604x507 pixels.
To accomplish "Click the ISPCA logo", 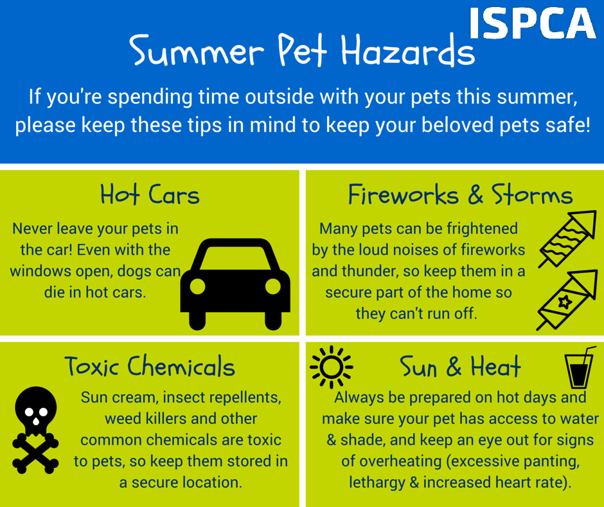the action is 533,23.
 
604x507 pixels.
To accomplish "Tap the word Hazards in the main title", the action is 408,50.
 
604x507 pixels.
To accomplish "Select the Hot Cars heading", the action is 150,194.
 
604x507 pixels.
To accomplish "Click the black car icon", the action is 235,284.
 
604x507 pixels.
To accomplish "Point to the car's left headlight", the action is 198,286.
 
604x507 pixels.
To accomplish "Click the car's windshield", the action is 235,258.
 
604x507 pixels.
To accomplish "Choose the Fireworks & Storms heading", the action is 460,194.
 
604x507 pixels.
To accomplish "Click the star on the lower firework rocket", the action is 565,302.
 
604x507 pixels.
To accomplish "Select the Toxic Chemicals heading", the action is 150,366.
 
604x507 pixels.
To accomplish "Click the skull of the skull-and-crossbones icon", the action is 36,410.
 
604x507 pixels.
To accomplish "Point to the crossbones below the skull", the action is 35,453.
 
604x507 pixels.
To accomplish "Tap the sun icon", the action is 332,367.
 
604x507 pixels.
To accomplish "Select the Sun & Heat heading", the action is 460,366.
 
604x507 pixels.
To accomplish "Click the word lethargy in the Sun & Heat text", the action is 377,483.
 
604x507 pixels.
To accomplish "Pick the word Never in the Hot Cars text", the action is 32,228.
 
